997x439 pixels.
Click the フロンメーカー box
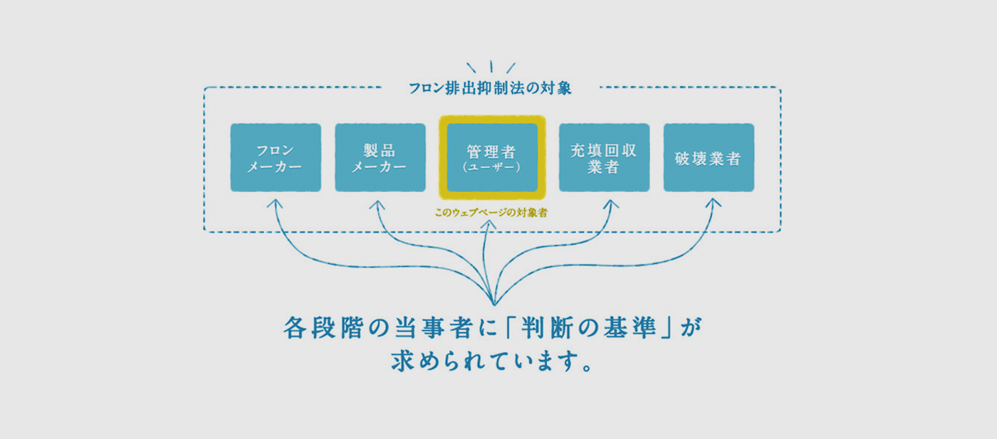click(276, 157)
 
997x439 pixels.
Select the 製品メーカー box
click(380, 157)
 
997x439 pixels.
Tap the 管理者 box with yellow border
click(492, 157)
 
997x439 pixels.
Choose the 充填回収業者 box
click(604, 157)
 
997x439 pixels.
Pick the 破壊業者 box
click(709, 157)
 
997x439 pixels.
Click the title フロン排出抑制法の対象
click(491, 89)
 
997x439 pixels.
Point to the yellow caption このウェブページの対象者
click(491, 212)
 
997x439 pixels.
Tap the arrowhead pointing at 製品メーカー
click(375, 203)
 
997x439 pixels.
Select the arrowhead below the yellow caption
click(489, 225)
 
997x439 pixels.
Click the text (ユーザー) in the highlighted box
click(492, 168)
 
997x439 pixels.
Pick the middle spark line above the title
click(491, 66)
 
